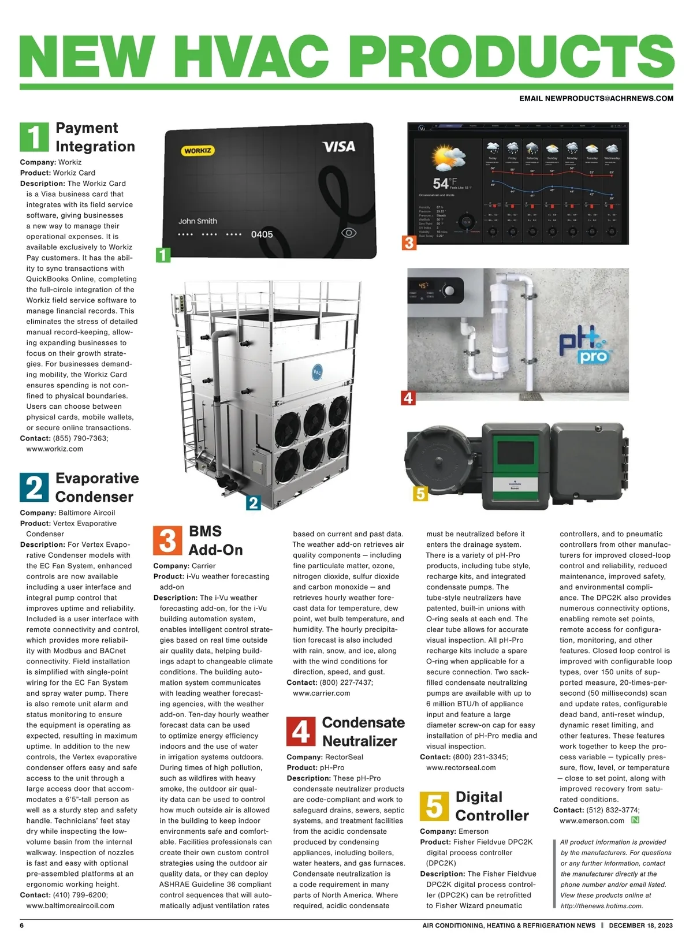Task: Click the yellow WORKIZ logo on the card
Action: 198,151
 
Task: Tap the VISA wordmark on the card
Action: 339,147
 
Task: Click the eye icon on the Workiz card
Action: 349,233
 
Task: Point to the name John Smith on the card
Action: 198,221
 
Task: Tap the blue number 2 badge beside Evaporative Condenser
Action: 34,487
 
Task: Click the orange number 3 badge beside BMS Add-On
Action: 167,540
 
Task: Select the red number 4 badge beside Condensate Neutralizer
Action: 301,732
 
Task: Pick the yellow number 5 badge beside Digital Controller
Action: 434,806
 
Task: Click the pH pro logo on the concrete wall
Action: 583,346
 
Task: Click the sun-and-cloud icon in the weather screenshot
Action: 449,158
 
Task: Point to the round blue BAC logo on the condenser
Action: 317,372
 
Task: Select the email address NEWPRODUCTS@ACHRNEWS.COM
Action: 596,99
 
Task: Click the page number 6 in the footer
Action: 22,925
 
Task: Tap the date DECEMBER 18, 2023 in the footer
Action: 640,925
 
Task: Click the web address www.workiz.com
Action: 55,449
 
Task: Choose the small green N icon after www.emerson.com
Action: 635,820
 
